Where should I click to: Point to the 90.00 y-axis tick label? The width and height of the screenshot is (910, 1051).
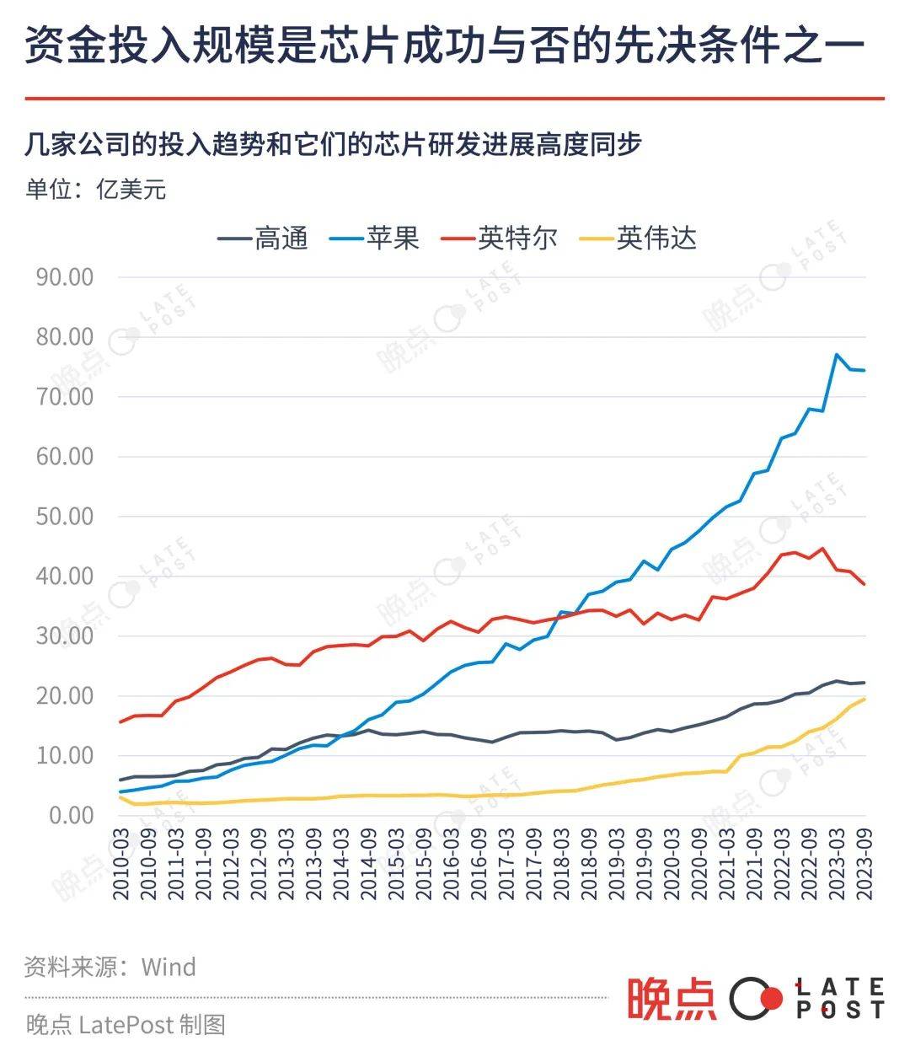point(64,276)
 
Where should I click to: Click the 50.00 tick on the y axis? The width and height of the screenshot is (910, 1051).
point(64,516)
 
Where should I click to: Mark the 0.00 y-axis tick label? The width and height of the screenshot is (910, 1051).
point(70,815)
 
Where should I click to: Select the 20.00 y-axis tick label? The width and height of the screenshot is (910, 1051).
point(64,695)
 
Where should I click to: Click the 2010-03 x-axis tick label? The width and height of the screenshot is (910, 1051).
point(120,863)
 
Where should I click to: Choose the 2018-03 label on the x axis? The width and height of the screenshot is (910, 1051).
point(562,863)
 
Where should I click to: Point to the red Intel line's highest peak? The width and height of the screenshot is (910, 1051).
point(822,549)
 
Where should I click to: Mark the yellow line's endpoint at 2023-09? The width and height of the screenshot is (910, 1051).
point(864,699)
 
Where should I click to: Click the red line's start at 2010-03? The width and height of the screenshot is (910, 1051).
point(120,722)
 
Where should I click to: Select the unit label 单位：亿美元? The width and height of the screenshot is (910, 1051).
point(96,189)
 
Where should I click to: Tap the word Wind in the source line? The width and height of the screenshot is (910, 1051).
point(169,966)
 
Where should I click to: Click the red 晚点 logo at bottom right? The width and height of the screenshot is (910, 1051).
point(671,999)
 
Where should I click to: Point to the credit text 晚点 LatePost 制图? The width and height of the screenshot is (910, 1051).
point(125,1024)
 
